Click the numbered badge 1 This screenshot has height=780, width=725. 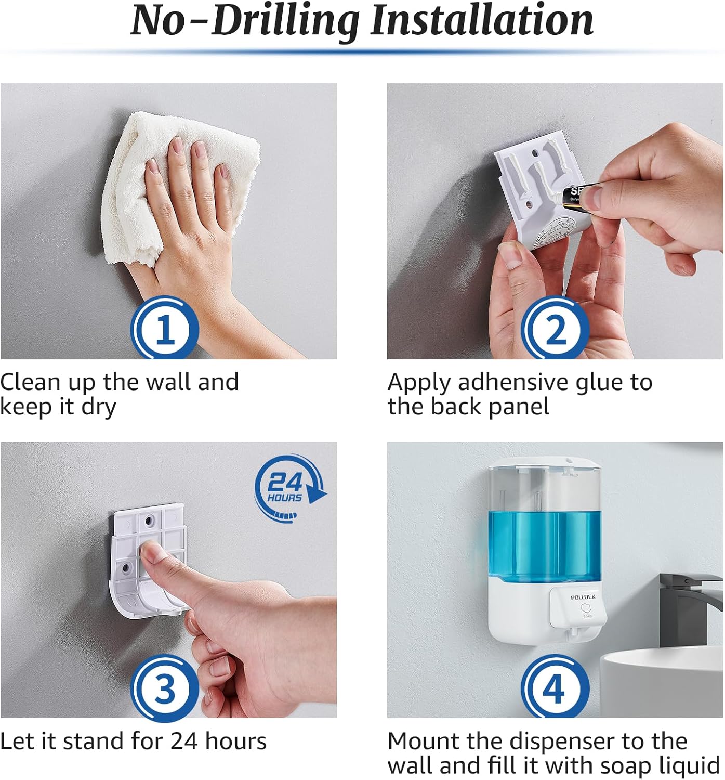(165, 329)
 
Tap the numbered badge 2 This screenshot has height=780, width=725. (555, 329)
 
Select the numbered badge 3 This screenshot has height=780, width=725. (165, 688)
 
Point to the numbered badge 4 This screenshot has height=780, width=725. (555, 688)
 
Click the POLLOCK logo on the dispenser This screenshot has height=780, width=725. (583, 597)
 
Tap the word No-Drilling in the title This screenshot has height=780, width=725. (244, 21)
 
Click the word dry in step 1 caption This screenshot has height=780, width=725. (98, 407)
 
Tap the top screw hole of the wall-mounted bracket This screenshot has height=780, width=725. (150, 519)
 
